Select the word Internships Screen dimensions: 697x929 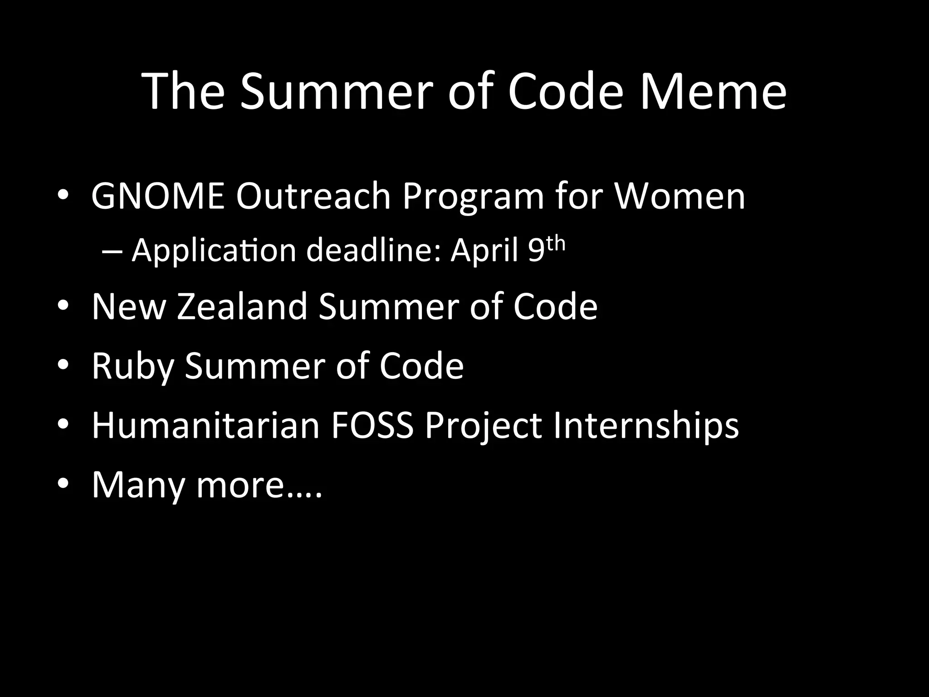click(646, 427)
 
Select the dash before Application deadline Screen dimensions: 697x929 click(110, 251)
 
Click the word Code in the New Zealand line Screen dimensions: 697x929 click(555, 307)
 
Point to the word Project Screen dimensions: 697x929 click(483, 427)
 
